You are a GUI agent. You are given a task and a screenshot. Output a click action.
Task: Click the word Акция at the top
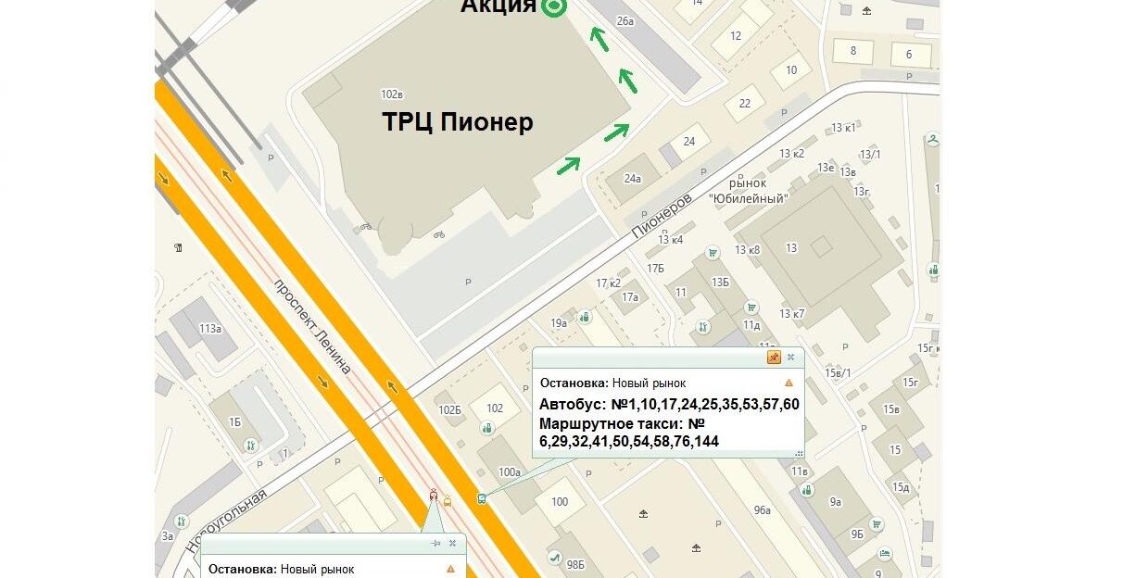pos(498,6)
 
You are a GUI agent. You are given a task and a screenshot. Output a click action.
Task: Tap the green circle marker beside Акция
pos(554,6)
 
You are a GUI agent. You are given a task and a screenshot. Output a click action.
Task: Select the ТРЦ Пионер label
pos(458,122)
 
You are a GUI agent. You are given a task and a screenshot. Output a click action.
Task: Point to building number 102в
pos(392,94)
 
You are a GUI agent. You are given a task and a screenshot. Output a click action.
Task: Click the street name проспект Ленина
pos(312,326)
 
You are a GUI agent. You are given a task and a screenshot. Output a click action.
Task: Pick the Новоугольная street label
pos(226,521)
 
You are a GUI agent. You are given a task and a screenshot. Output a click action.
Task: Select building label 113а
pos(210,329)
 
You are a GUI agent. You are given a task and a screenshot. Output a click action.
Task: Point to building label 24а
pos(633,179)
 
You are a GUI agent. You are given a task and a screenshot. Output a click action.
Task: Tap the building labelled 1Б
pos(234,422)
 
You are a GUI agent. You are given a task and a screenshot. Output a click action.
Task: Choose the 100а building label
pos(510,472)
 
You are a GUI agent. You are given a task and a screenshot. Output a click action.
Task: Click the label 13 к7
pos(792,314)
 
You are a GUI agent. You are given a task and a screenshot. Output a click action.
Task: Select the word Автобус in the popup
pos(570,405)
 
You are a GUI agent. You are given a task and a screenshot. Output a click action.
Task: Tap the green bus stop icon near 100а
pos(482,498)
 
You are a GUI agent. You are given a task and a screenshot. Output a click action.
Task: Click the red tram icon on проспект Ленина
pos(434,496)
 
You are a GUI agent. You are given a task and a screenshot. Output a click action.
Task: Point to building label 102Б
pos(450,410)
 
